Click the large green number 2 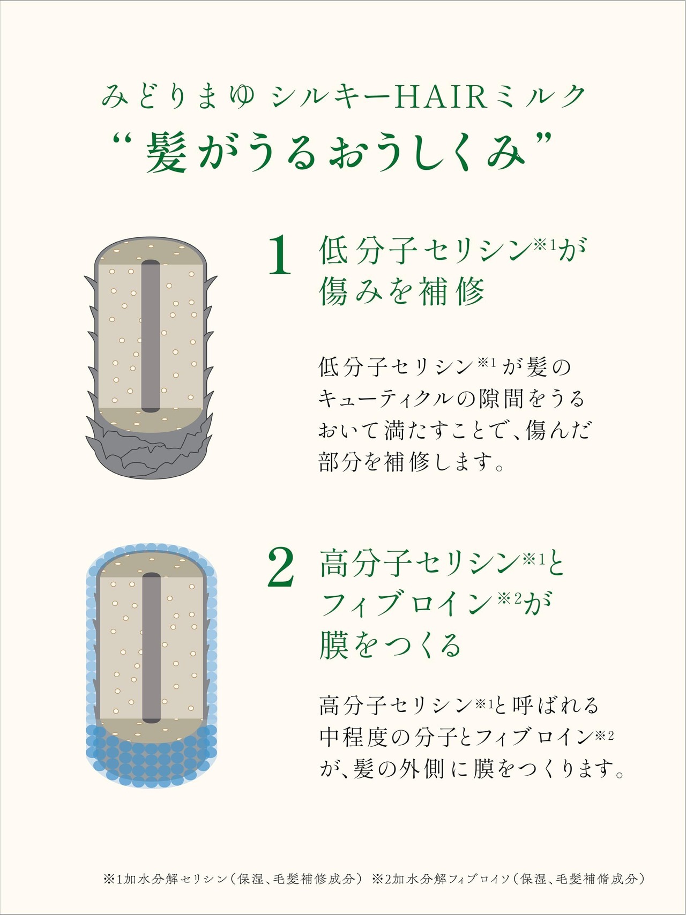click(x=281, y=568)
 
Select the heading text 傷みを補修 click(x=402, y=292)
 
